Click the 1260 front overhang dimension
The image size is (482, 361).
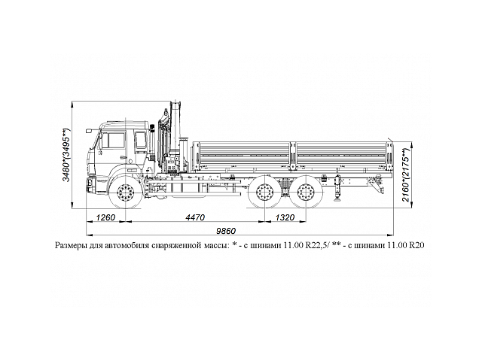[x=105, y=218]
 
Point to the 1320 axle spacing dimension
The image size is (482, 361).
[x=285, y=218]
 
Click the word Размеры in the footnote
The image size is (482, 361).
[x=73, y=245]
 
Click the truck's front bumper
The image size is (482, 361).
[x=96, y=183]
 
